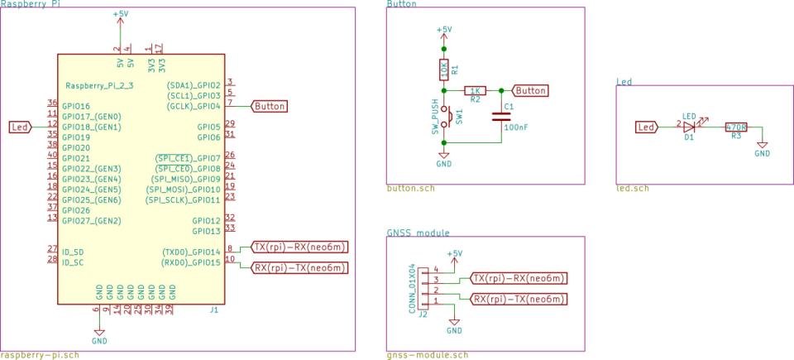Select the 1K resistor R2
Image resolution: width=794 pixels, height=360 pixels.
point(475,90)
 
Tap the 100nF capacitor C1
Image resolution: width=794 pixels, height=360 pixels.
point(500,117)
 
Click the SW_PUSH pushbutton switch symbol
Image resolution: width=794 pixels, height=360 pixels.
point(444,117)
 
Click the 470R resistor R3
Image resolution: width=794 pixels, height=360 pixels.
point(735,127)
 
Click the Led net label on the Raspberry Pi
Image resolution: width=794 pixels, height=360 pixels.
point(21,127)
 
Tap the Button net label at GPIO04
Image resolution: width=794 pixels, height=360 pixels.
point(270,106)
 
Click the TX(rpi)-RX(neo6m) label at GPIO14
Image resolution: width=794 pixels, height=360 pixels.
point(299,247)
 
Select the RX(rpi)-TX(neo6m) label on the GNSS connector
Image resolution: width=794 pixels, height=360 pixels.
point(519,298)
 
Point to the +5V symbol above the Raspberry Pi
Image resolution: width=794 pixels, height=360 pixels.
point(120,16)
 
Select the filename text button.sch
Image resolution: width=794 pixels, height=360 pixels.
point(410,188)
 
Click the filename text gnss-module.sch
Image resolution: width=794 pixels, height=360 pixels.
point(427,355)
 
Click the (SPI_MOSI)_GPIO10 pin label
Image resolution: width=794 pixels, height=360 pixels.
point(183,190)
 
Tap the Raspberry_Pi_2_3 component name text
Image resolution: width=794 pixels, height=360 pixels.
point(98,85)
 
